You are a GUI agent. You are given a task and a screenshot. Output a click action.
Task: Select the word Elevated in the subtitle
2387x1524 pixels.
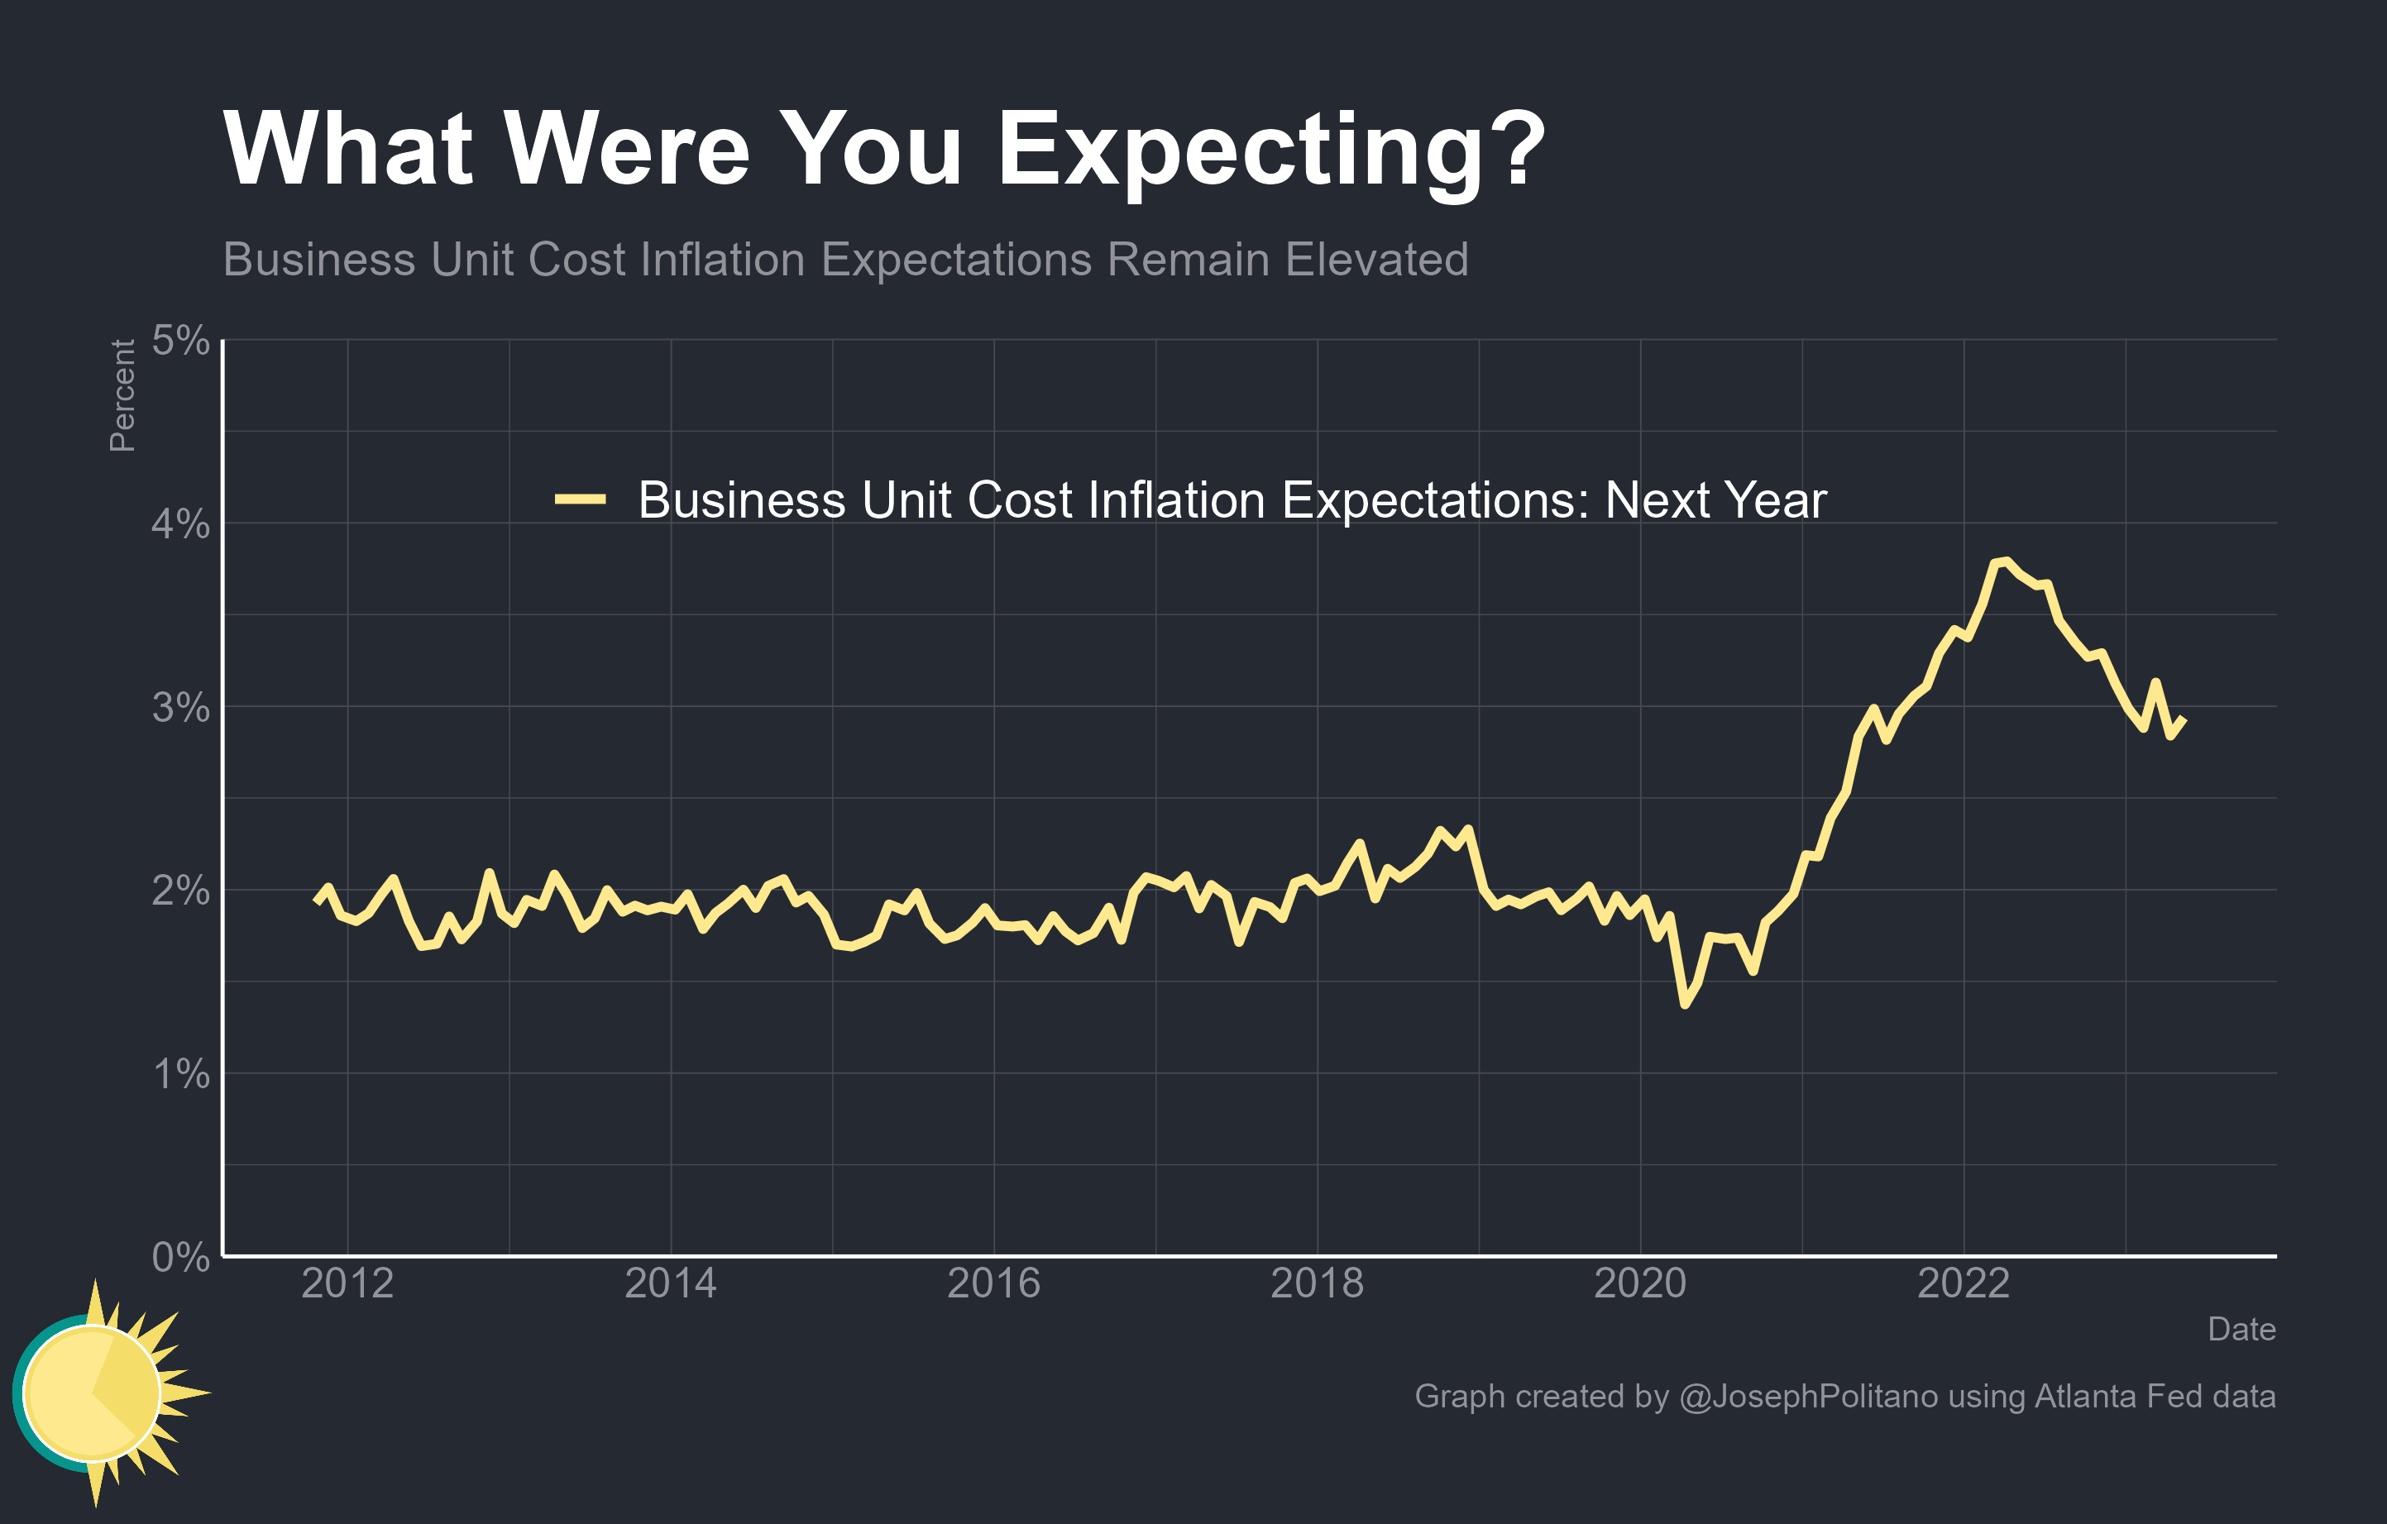(1376, 260)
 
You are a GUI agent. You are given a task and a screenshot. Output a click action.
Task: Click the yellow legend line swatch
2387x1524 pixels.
(580, 499)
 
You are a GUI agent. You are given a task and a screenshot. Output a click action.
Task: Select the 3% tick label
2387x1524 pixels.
(179, 708)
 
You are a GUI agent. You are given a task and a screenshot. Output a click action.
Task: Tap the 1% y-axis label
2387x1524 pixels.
(179, 1073)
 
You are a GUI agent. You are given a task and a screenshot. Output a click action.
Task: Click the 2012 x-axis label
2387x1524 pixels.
(347, 1283)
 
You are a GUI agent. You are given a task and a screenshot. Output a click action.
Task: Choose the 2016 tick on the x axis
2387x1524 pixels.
(993, 1283)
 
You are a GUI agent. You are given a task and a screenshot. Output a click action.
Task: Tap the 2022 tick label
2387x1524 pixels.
(1963, 1283)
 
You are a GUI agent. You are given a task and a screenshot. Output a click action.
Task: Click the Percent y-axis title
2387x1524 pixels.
(122, 395)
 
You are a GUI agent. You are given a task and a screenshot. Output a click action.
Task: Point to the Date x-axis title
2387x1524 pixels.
(2241, 1329)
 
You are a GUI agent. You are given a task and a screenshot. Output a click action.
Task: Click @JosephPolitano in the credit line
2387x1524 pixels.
(1807, 1396)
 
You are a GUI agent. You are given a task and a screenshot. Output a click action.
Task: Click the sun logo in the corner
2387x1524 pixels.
(99, 1393)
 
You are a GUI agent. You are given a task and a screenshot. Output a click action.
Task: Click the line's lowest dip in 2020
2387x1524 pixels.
(1684, 1005)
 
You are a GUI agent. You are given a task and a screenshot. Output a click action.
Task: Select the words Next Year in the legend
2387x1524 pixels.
(1715, 499)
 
